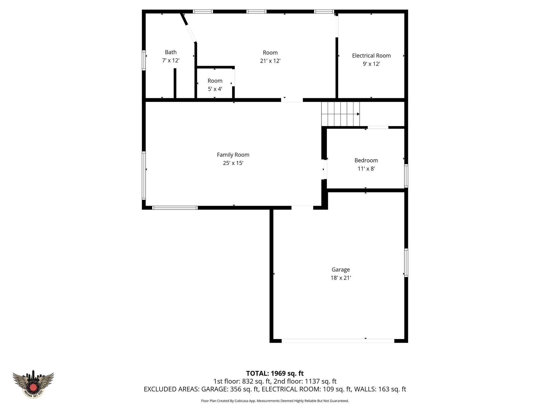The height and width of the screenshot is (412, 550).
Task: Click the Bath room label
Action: point(171,52)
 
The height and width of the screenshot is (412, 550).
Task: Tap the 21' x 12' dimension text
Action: point(270,61)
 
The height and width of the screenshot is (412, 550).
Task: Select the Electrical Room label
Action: point(371,56)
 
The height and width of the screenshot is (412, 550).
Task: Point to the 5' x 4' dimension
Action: point(215,89)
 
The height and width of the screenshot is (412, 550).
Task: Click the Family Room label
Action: point(233,155)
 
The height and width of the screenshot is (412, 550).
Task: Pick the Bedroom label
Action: point(366,160)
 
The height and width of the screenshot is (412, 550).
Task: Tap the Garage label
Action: point(341,270)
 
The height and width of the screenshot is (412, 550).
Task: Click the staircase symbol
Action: point(341,114)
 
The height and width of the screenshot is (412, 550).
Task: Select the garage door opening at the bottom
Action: point(338,341)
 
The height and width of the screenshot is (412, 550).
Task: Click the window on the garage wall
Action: point(406,263)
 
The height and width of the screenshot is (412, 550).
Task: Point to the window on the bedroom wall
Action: point(406,176)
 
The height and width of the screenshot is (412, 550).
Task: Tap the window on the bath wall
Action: point(144,60)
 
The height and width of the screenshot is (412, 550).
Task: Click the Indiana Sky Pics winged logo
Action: point(33,384)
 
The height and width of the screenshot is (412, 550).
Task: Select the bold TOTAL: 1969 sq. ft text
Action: point(275,373)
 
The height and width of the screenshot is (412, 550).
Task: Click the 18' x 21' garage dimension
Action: point(341,278)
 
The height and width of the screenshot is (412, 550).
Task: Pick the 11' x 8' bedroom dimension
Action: point(366,169)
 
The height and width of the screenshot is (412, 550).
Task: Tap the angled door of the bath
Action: point(191,34)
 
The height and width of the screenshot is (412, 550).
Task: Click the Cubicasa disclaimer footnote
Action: point(275,401)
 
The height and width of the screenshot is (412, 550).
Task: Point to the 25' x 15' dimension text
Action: point(233,163)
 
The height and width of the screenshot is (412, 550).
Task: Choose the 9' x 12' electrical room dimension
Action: point(371,64)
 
